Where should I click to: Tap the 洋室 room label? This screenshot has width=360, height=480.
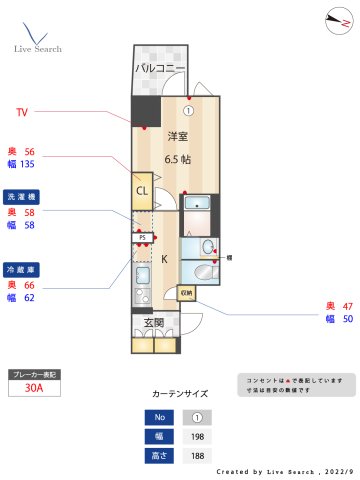pyautogui.click(x=178, y=136)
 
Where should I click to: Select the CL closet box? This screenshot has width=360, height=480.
pyautogui.click(x=142, y=190)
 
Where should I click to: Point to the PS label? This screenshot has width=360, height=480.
pyautogui.click(x=143, y=238)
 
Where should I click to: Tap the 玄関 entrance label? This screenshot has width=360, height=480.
pyautogui.click(x=154, y=322)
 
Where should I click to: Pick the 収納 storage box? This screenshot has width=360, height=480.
pyautogui.click(x=187, y=293)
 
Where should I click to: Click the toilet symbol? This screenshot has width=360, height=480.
pyautogui.click(x=207, y=247)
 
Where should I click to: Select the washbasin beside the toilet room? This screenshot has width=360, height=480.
pyautogui.click(x=208, y=270)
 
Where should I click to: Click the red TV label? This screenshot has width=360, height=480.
pyautogui.click(x=22, y=112)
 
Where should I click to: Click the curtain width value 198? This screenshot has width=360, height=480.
pyautogui.click(x=198, y=436)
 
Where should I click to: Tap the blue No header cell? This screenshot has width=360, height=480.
pyautogui.click(x=157, y=417)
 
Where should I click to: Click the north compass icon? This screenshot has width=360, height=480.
pyautogui.click(x=334, y=17)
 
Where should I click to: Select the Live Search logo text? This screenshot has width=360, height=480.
pyautogui.click(x=38, y=48)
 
